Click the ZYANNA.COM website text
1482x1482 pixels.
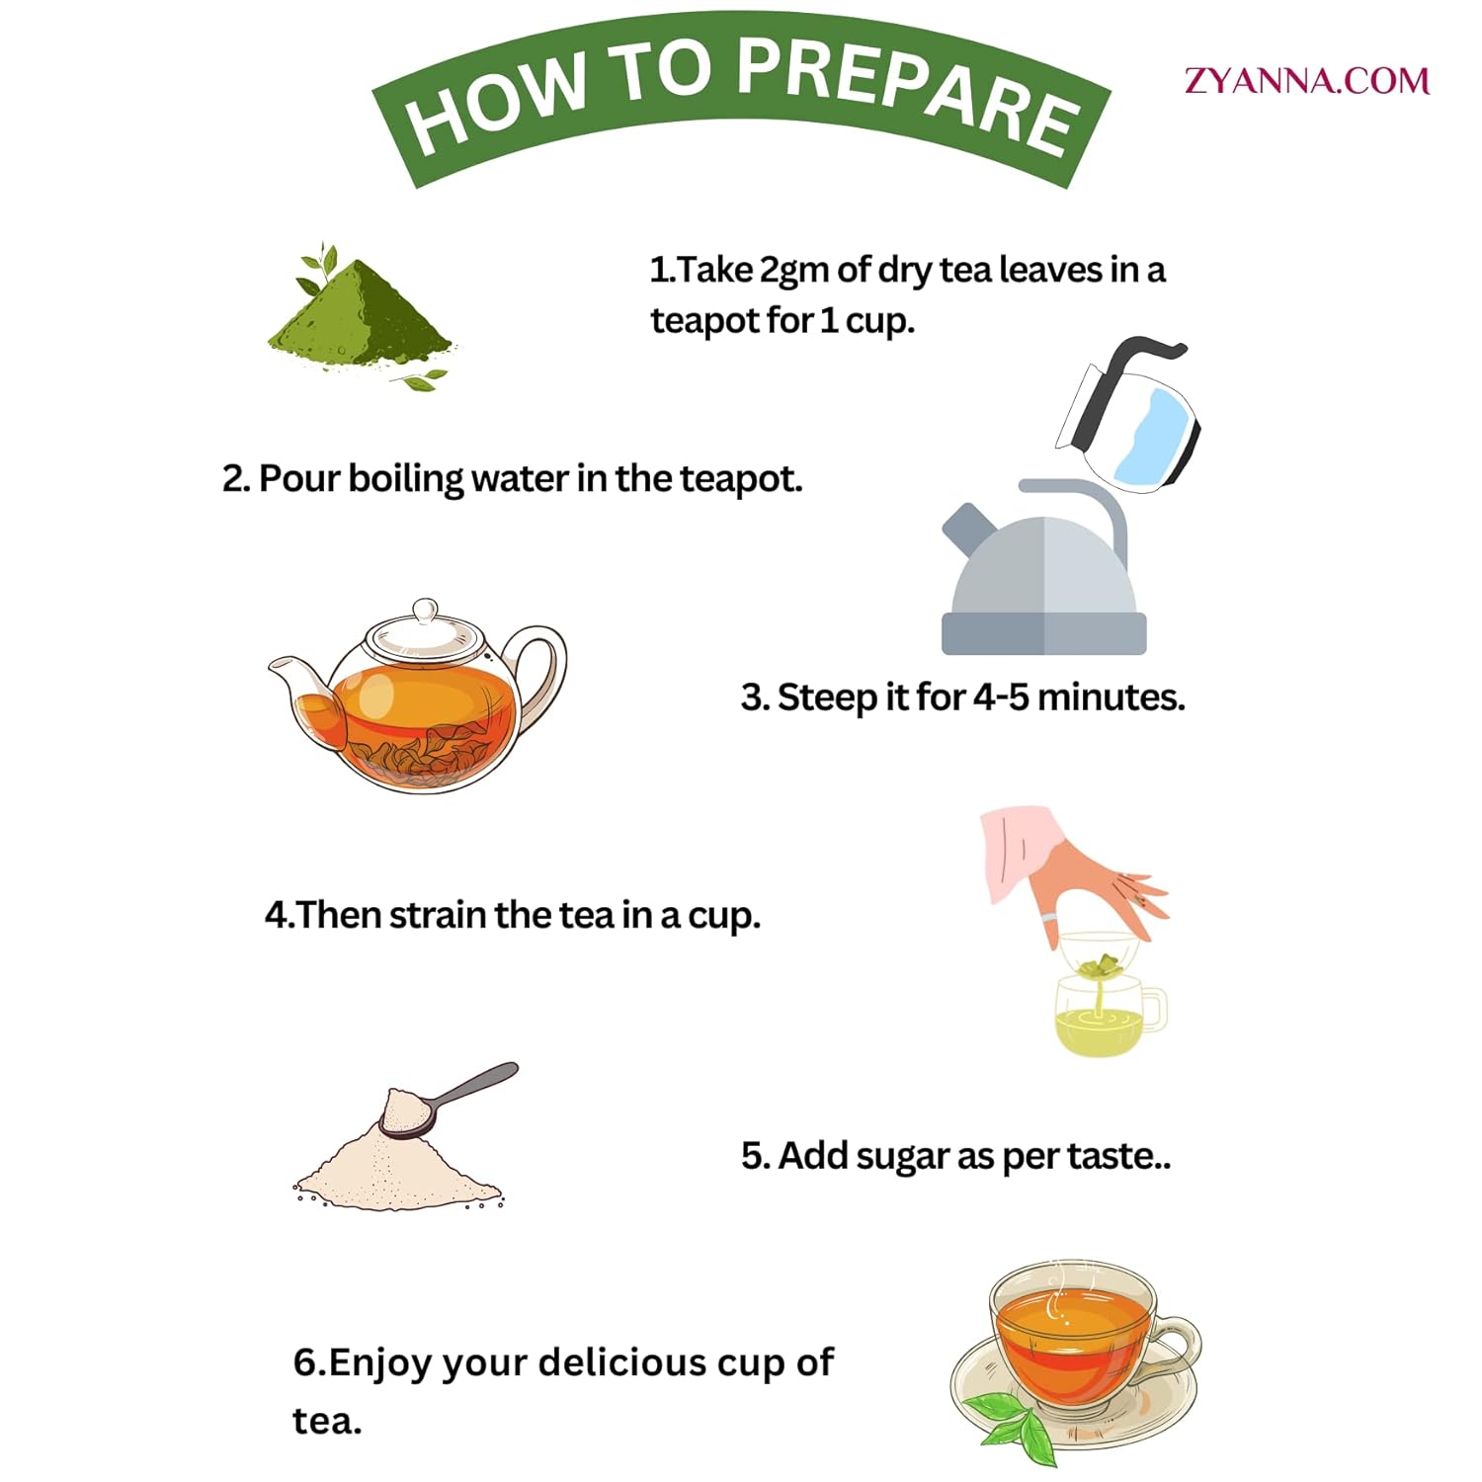tap(1307, 80)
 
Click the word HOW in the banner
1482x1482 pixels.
tap(498, 103)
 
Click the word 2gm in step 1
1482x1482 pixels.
tap(794, 270)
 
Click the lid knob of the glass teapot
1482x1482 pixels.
tap(425, 611)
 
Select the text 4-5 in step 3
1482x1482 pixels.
tap(1001, 698)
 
